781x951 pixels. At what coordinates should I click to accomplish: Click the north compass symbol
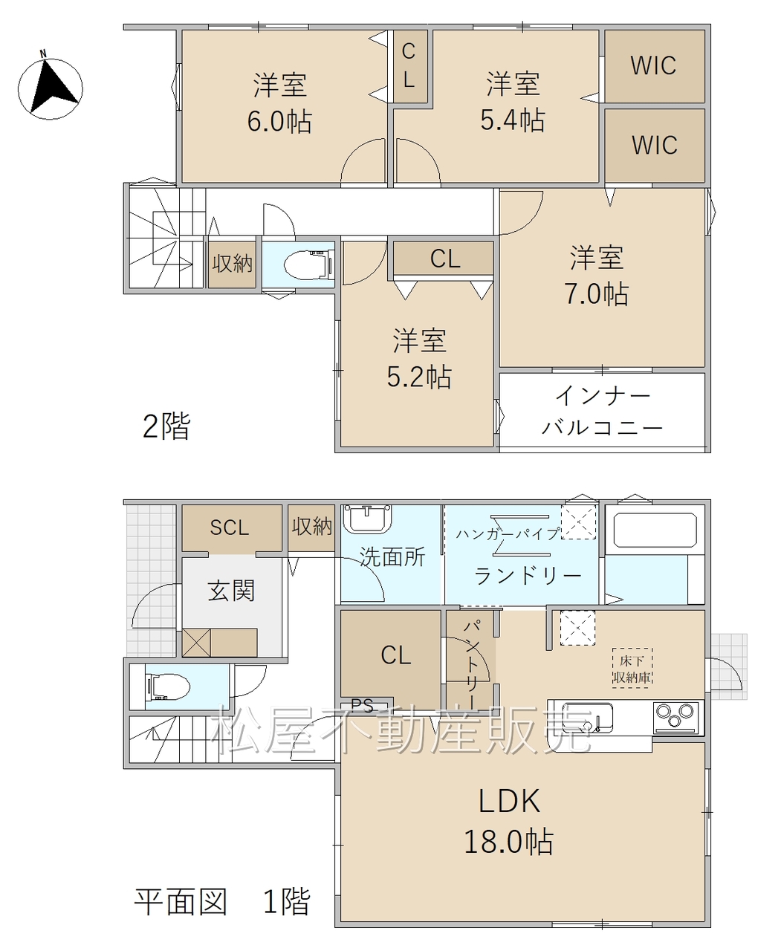click(x=50, y=88)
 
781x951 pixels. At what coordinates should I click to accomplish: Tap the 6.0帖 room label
click(x=279, y=121)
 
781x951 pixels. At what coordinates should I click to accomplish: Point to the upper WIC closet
click(x=654, y=66)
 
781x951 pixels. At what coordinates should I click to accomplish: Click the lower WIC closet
click(x=654, y=145)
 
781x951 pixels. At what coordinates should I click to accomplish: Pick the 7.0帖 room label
click(x=597, y=293)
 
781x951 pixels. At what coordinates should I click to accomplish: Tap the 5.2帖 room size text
click(x=419, y=377)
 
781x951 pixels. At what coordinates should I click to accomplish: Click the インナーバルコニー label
click(x=603, y=412)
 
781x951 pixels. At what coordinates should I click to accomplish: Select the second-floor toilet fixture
click(x=309, y=266)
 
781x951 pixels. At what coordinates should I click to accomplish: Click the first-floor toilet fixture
click(x=168, y=687)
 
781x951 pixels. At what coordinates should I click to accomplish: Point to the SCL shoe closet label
click(x=230, y=528)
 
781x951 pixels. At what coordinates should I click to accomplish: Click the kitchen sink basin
click(x=588, y=718)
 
